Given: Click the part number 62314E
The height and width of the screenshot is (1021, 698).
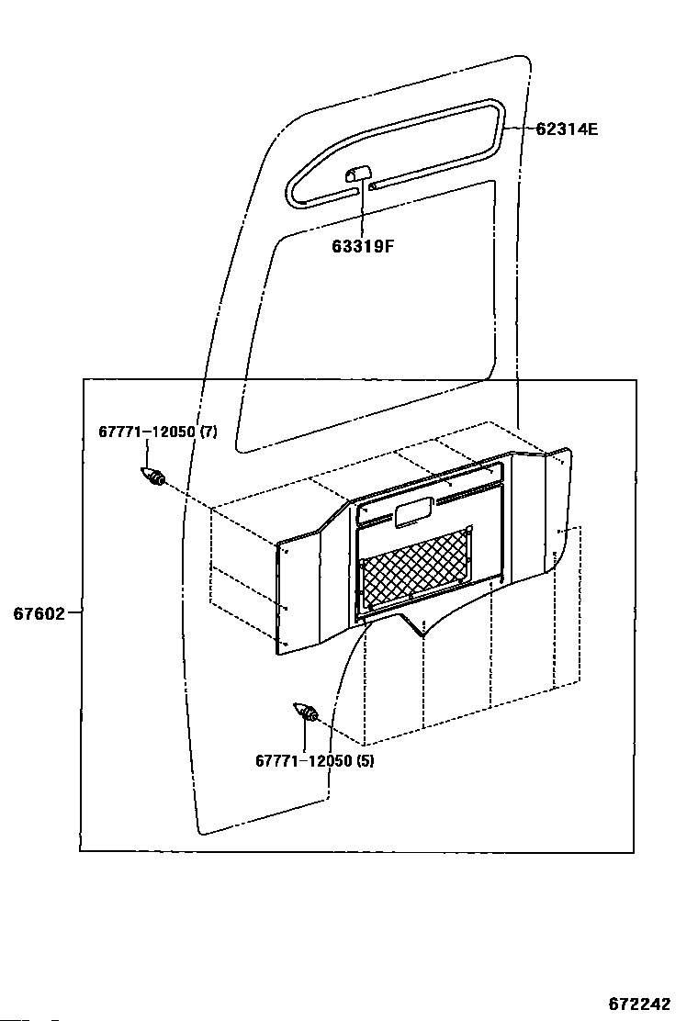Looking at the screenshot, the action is pos(567,129).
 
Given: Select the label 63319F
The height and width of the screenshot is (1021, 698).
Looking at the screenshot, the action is pos(363,246).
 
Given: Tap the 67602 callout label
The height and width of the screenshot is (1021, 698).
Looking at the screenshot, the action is pos(39,613).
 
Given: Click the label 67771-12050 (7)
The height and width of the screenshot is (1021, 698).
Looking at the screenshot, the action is pos(158,432).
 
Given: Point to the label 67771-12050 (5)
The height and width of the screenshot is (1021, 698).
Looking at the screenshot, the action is pos(314,760).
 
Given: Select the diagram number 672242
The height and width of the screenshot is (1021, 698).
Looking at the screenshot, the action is pos(638,1004).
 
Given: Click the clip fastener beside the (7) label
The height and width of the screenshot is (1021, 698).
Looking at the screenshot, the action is pos(153,477).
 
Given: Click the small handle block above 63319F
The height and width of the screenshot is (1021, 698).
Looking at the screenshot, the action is pos(359,174).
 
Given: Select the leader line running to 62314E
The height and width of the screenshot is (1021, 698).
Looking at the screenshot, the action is pos(520,128).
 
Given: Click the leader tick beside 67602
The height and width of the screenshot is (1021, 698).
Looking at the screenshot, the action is pos(73,612).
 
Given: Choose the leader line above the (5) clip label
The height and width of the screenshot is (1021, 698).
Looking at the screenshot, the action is pos(305,736).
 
